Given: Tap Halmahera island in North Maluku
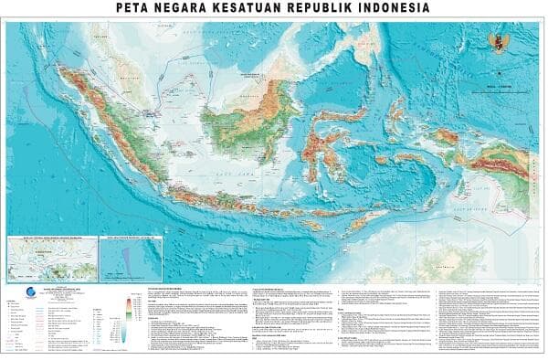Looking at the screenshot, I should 395,119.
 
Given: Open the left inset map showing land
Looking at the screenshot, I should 50,259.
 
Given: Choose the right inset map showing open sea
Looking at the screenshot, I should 130,259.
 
